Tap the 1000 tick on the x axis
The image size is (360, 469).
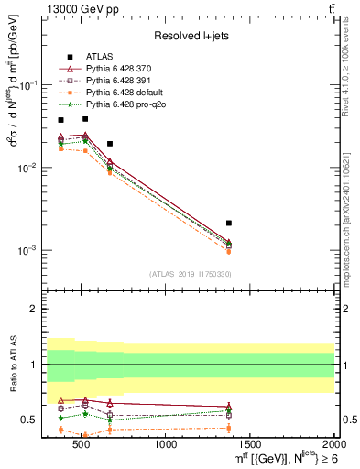tap(167, 444)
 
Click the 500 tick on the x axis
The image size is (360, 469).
tap(83, 444)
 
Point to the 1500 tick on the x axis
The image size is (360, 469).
tap(250, 444)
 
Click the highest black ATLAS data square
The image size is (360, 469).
tap(85, 118)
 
